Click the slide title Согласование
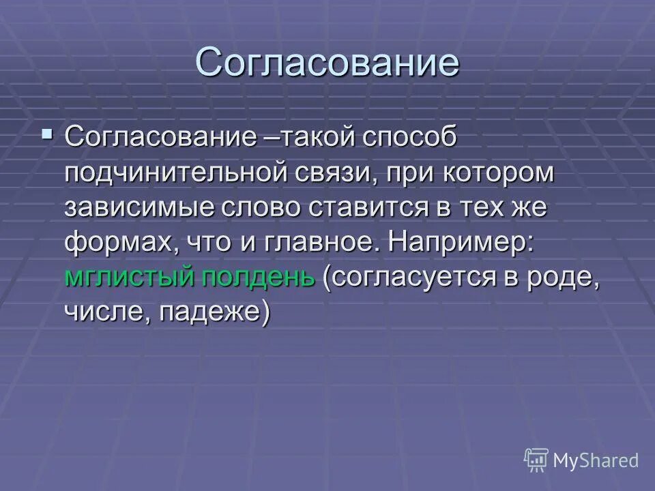pos(327,63)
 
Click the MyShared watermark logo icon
pos(536,459)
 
